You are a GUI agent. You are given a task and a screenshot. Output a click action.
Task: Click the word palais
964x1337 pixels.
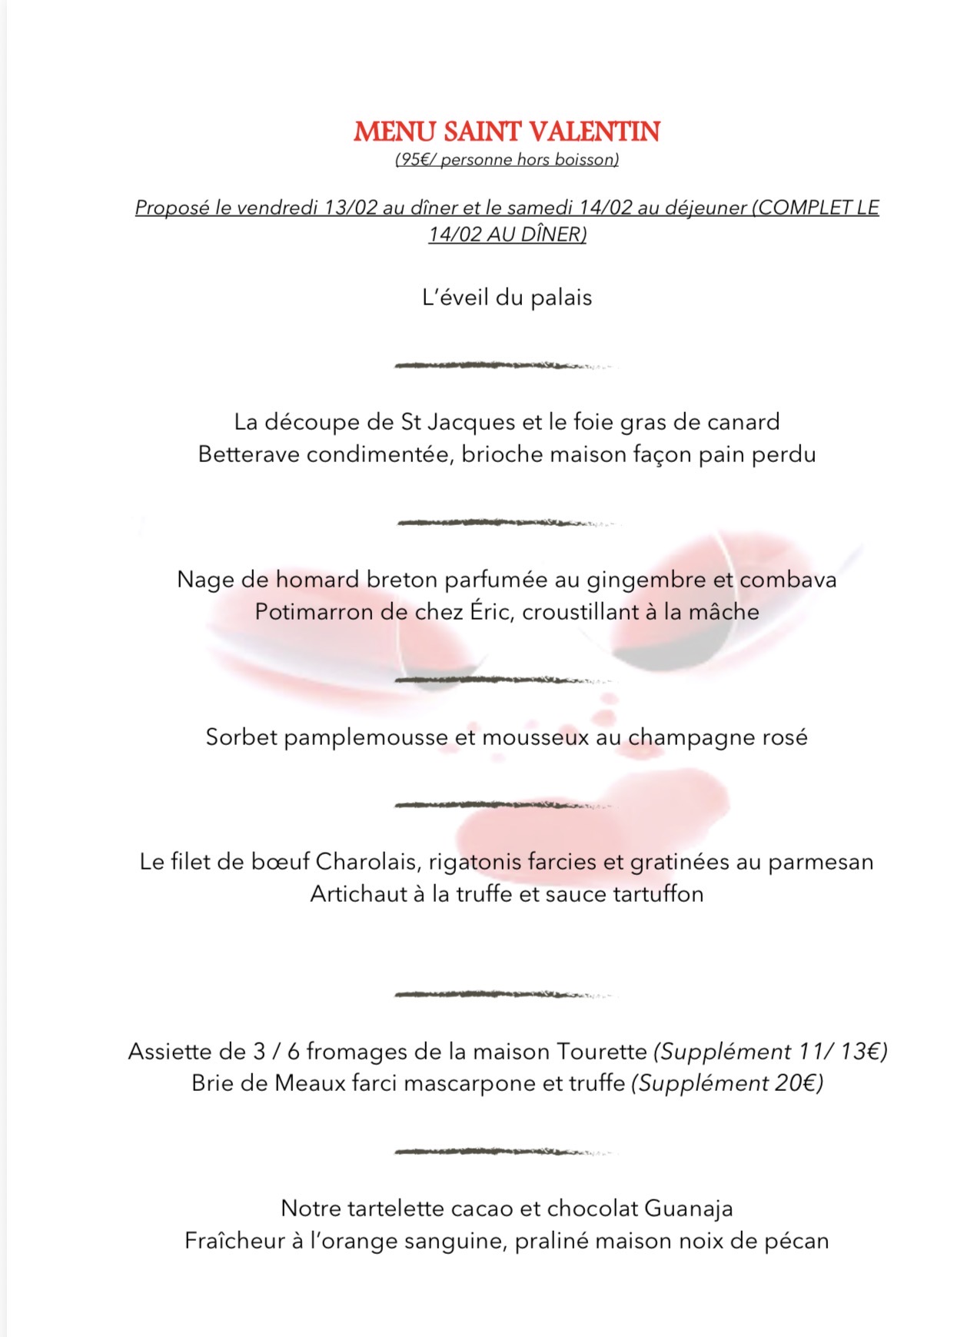[561, 298]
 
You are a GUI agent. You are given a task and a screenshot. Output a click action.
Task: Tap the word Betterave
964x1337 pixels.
[249, 454]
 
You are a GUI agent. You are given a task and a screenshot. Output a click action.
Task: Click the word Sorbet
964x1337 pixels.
[241, 737]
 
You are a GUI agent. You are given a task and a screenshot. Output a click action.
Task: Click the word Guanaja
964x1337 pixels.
[688, 1209]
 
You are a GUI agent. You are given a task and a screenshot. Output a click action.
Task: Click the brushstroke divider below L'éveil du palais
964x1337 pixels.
[504, 365]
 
